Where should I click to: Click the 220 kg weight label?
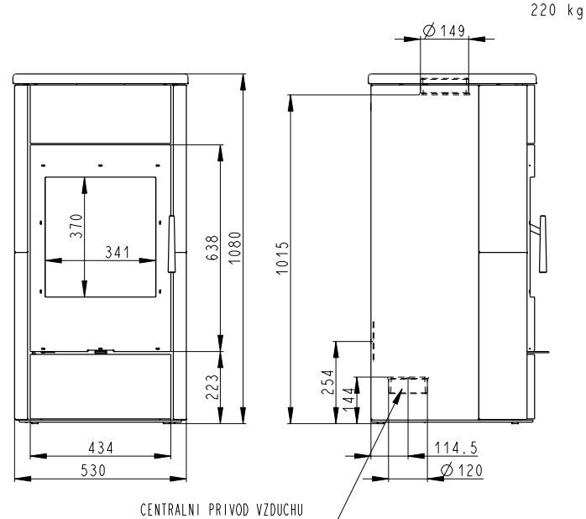point(557,10)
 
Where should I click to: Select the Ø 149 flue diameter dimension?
point(444,30)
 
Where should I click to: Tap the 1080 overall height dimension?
point(235,248)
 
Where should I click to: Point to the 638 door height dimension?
point(212,248)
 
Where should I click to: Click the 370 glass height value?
point(76,225)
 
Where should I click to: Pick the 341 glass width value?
point(118,252)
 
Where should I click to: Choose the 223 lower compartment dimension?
point(212,386)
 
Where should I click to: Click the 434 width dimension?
point(101,448)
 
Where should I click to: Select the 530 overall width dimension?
point(93,470)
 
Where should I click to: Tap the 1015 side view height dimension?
point(283,258)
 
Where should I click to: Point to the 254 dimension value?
point(327,382)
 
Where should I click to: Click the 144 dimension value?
point(348,400)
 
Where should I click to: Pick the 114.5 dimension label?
point(456,448)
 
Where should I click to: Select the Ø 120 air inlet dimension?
point(462,470)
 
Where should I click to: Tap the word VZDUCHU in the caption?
point(280,510)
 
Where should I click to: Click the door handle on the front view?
point(171,244)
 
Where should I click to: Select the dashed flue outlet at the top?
point(445,86)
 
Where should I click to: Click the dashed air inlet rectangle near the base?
point(408,385)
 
